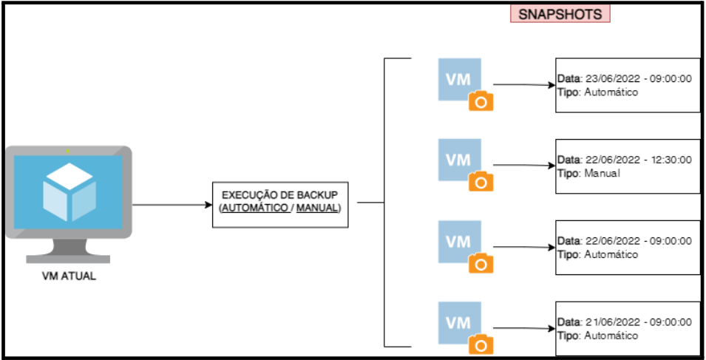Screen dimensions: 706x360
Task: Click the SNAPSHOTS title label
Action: click(560, 14)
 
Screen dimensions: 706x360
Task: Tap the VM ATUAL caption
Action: click(69, 276)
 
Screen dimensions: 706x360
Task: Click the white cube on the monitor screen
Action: click(69, 191)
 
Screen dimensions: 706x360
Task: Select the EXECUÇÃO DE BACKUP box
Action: click(280, 205)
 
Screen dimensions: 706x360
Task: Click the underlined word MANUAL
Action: click(317, 209)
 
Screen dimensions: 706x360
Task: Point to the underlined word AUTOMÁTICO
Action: click(257, 209)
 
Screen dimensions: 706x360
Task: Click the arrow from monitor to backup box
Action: click(172, 205)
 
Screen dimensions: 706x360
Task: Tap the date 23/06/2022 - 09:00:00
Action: click(639, 79)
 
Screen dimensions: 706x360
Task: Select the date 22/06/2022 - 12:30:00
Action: click(639, 160)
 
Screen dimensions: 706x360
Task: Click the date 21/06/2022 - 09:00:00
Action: click(639, 322)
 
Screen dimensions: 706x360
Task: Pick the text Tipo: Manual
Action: click(589, 173)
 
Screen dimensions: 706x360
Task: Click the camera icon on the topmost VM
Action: click(481, 102)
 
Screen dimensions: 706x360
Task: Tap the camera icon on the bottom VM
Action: click(481, 345)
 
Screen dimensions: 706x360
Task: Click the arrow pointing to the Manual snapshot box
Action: click(524, 166)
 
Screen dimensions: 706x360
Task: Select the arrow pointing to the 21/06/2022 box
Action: click(524, 328)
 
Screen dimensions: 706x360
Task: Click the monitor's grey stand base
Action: click(68, 259)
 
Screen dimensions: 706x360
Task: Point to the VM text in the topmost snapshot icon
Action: click(458, 79)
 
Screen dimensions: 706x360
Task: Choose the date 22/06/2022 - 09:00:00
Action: click(639, 241)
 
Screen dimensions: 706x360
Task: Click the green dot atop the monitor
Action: click(67, 152)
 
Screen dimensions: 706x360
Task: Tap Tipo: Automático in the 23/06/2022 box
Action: click(598, 92)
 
